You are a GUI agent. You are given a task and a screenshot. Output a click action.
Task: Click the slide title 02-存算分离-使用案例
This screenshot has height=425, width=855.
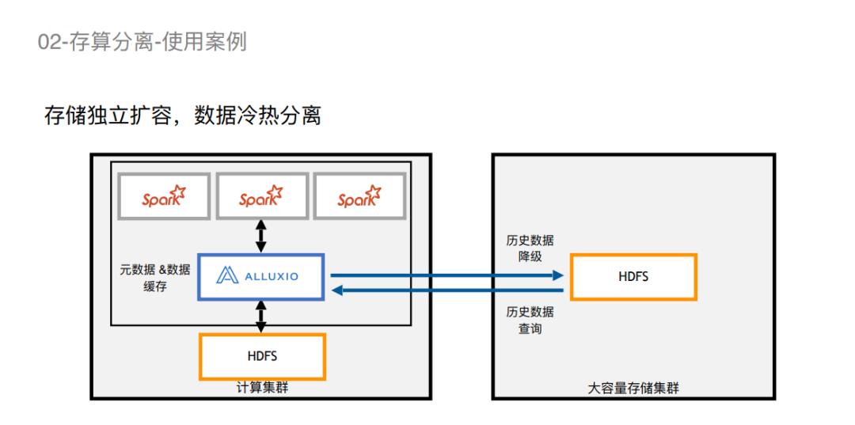pyautogui.click(x=142, y=41)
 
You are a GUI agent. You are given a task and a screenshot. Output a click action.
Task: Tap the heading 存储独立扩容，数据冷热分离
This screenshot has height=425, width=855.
pyautogui.click(x=183, y=116)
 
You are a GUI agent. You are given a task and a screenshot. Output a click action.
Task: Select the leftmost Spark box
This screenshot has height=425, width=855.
pyautogui.click(x=164, y=195)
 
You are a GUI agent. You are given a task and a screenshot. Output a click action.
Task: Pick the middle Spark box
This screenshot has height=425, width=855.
pyautogui.click(x=261, y=195)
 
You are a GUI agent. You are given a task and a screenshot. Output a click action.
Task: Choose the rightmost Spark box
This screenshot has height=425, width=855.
pyautogui.click(x=359, y=195)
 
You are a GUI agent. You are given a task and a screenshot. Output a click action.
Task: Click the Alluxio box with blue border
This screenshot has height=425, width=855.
pyautogui.click(x=261, y=276)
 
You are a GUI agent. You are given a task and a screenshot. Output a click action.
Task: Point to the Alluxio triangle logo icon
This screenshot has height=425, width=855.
pyautogui.click(x=228, y=275)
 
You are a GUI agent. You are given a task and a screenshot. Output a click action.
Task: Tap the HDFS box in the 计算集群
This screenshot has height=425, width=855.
pyautogui.click(x=262, y=356)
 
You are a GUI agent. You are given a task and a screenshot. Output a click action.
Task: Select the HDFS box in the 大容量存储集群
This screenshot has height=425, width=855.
pyautogui.click(x=633, y=276)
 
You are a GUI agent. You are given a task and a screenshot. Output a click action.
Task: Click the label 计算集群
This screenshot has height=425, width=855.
pyautogui.click(x=262, y=388)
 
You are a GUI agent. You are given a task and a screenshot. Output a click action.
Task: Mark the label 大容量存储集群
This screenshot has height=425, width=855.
pyautogui.click(x=633, y=388)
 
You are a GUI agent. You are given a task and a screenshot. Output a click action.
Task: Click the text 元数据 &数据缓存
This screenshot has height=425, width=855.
pyautogui.click(x=155, y=278)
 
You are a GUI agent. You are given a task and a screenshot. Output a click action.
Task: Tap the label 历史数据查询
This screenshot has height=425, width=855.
pyautogui.click(x=530, y=319)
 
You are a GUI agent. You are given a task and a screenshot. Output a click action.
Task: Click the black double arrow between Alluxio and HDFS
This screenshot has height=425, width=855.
pyautogui.click(x=261, y=316)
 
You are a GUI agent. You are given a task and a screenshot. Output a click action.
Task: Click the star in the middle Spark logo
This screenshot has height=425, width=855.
pyautogui.click(x=274, y=192)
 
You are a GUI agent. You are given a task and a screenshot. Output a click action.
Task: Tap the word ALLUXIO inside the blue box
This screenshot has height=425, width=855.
pyautogui.click(x=272, y=276)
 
